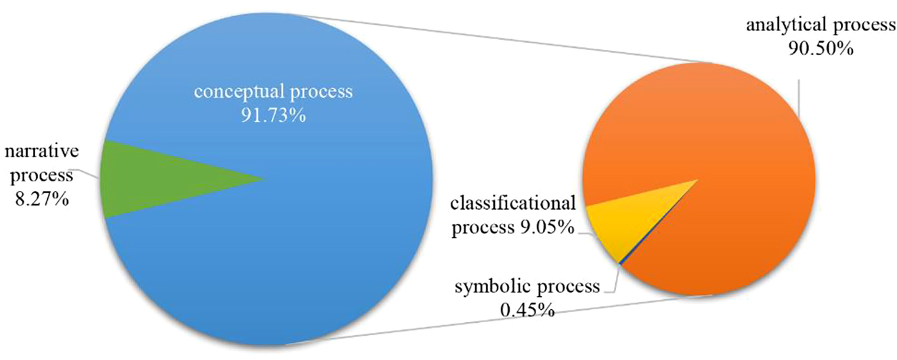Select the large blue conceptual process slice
click(x=271, y=257)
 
